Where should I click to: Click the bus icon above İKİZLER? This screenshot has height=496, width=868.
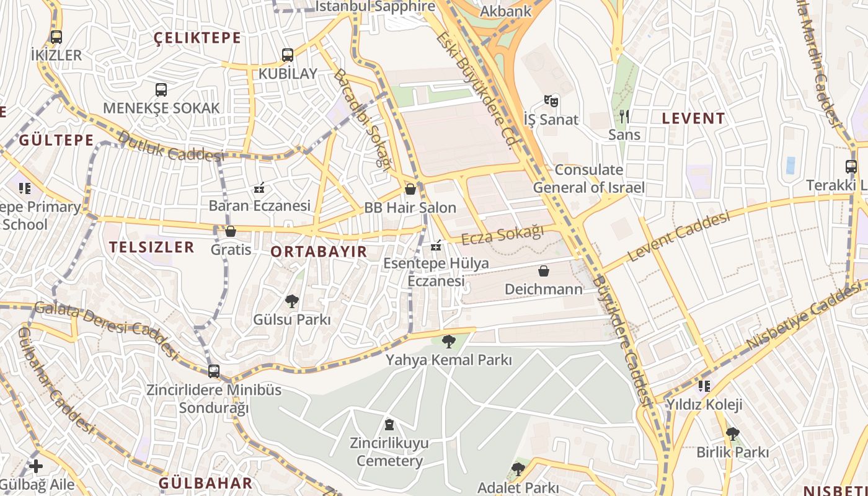pos(56,37)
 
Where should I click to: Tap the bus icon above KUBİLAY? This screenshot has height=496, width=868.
pos(287,55)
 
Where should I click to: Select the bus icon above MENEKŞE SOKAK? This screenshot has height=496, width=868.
pos(161,90)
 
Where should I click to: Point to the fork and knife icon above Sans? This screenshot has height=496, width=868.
pos(624,116)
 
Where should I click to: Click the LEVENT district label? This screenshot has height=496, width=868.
pos(693,118)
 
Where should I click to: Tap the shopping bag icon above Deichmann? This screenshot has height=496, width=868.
pos(544,271)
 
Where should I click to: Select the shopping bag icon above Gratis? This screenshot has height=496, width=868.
pos(231,231)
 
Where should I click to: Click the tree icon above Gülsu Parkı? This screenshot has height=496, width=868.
pos(291,302)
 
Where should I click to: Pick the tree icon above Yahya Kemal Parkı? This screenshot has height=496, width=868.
pos(448,342)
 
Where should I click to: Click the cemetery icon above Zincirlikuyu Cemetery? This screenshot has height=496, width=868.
pos(389,425)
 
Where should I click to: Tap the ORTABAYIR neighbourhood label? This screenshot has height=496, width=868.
pos(319,252)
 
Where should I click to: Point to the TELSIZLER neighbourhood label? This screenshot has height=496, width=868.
pos(152,247)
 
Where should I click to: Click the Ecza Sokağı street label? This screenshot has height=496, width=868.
pos(503,235)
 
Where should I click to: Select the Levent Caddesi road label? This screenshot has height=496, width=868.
pos(678,236)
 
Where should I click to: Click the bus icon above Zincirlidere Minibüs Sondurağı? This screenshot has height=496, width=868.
pos(214,371)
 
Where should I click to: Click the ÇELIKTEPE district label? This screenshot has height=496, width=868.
pos(197,38)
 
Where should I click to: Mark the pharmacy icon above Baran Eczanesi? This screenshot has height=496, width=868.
pos(259,187)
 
